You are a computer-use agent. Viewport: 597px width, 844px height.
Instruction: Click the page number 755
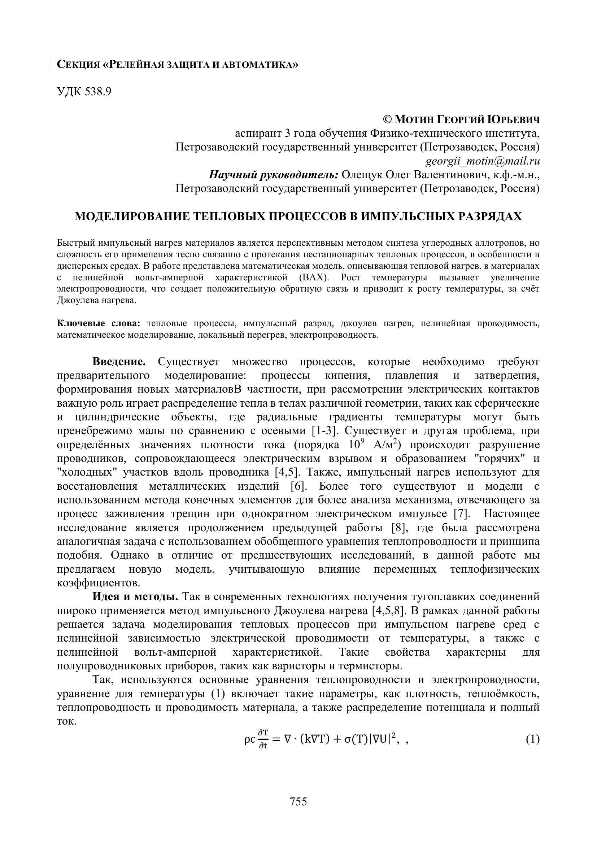298,801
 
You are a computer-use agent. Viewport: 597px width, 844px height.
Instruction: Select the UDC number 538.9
98,92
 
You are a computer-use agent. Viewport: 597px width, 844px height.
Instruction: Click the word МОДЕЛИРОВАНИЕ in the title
132,216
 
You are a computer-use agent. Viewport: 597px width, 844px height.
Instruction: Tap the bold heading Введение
119,362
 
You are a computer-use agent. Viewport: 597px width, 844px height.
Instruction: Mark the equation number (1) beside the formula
533,739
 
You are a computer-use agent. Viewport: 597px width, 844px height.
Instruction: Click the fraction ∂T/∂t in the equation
263,740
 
